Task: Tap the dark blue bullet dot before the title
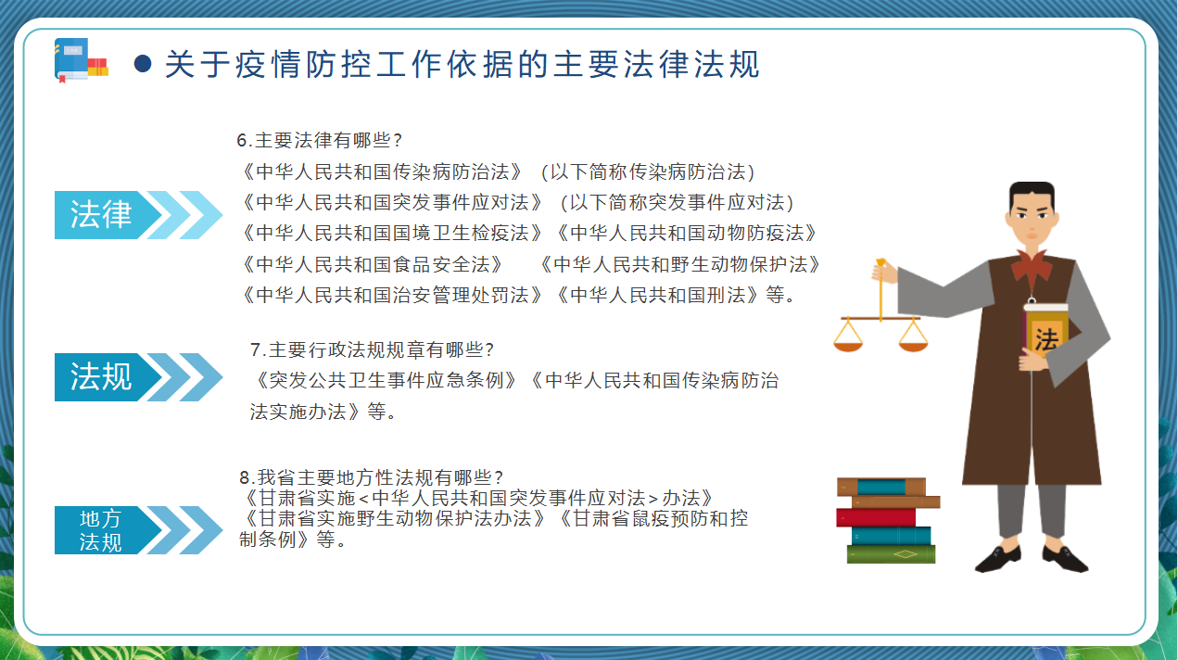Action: [x=143, y=64]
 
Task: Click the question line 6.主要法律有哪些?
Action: [x=319, y=140]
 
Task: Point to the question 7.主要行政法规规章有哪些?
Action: [x=372, y=349]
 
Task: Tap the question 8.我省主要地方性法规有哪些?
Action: [x=372, y=477]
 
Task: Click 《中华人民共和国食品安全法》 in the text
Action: [x=373, y=264]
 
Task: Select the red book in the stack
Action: [x=876, y=517]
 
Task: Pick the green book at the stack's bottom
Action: [x=891, y=554]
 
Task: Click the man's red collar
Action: [x=1032, y=268]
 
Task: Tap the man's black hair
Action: [x=1032, y=194]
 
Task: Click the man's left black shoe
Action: [x=998, y=559]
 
